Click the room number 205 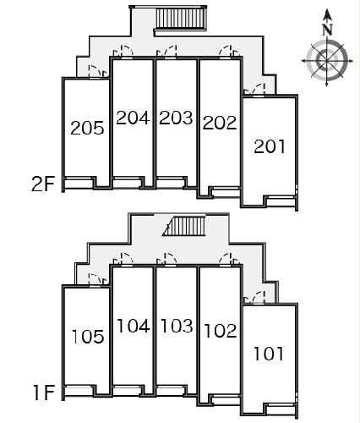87,128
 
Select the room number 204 133,118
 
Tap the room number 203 176,118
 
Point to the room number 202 220,123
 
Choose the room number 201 270,146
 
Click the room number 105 88,337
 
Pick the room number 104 134,326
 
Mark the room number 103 177,325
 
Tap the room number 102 221,331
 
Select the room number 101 269,354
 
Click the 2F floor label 43,184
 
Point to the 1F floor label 44,393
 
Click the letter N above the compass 327,30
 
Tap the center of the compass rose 327,60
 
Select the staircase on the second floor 181,19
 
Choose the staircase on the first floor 184,226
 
